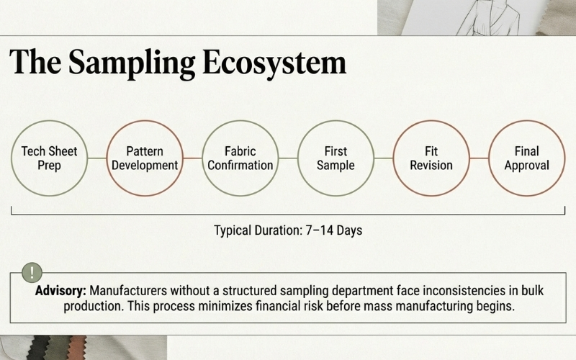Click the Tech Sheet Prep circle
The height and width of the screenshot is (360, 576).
[x=49, y=158]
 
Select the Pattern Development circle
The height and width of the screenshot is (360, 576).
[x=144, y=158]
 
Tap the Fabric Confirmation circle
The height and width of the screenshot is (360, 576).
[x=240, y=158]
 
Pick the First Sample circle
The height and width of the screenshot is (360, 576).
[x=336, y=158]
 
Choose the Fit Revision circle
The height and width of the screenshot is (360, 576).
[x=431, y=158]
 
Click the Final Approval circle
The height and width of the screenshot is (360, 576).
[x=526, y=158]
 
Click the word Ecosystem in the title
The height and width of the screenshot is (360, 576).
[x=264, y=63]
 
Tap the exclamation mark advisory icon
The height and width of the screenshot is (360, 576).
[x=32, y=273]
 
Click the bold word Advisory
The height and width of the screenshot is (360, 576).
[x=60, y=292]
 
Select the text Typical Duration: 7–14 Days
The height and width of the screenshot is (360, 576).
[x=288, y=231]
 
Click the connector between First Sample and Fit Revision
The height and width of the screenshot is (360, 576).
[x=383, y=158]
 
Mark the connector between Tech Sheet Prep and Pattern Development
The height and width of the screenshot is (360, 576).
[x=96, y=158]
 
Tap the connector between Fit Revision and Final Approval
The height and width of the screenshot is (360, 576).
[x=479, y=158]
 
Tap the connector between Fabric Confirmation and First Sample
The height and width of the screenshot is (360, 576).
[x=287, y=158]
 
